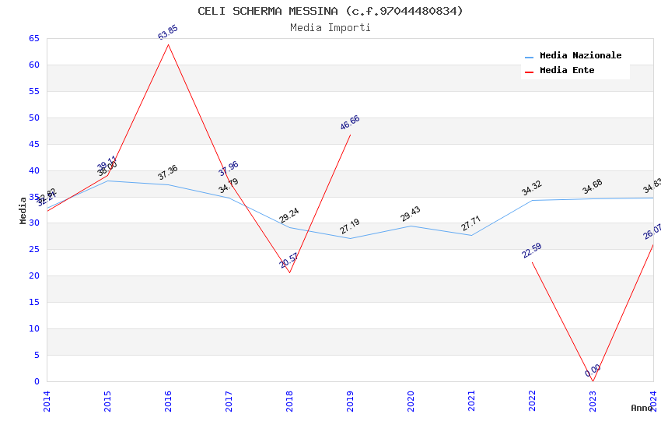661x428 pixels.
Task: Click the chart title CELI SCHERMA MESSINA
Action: tap(330, 11)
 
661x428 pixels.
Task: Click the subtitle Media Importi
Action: tap(330, 28)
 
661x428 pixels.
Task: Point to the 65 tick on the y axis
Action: tap(33, 38)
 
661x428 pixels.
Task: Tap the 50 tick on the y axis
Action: tap(33, 118)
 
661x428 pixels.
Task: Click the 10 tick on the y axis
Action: tap(33, 329)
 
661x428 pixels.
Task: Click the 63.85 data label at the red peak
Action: tap(168, 33)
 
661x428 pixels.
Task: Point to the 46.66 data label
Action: tap(350, 123)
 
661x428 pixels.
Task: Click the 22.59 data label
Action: tap(532, 251)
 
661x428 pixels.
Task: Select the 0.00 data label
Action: tap(593, 370)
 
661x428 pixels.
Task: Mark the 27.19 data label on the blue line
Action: tap(350, 226)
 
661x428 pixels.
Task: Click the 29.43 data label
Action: tap(411, 214)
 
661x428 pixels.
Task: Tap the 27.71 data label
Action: tap(471, 223)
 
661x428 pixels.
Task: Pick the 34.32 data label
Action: tap(532, 188)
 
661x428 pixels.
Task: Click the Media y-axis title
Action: tap(23, 210)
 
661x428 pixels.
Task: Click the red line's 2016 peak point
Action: tap(168, 44)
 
